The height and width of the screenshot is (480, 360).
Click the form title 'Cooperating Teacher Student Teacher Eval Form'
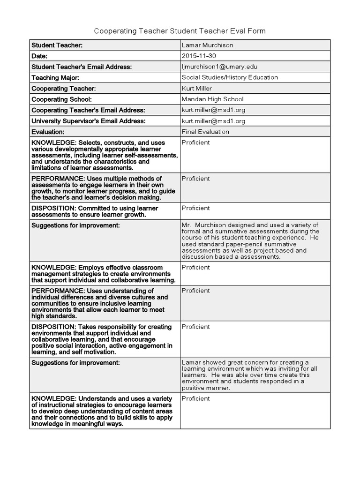pyautogui.click(x=180, y=31)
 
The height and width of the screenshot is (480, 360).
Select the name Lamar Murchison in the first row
pyautogui.click(x=207, y=45)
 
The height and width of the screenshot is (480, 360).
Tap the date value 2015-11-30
pyautogui.click(x=198, y=56)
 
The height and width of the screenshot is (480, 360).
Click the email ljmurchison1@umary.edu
pyautogui.click(x=219, y=67)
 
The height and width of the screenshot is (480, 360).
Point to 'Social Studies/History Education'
pyautogui.click(x=230, y=77)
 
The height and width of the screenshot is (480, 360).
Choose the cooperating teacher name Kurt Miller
pyautogui.click(x=197, y=89)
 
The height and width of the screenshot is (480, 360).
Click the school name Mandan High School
pyautogui.click(x=212, y=99)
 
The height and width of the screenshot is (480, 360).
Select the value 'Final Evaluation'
pyautogui.click(x=205, y=132)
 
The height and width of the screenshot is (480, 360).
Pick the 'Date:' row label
pyautogui.click(x=39, y=56)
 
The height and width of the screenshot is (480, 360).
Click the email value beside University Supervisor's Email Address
pyautogui.click(x=213, y=121)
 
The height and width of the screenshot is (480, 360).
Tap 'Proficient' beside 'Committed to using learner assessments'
pyautogui.click(x=195, y=208)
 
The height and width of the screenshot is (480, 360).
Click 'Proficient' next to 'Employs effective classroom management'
pyautogui.click(x=195, y=267)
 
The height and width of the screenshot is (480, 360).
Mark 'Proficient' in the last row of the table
pyautogui.click(x=195, y=398)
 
